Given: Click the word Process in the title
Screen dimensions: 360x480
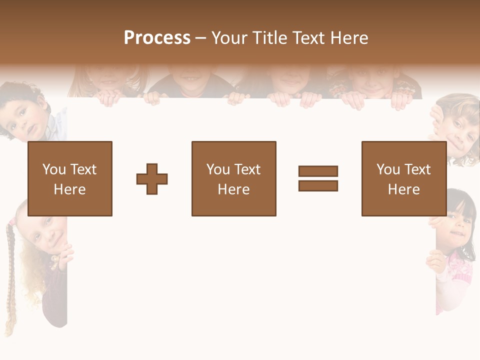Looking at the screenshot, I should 157,38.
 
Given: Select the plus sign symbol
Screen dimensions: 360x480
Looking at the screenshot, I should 152,178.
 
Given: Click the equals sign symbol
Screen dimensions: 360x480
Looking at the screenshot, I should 318,178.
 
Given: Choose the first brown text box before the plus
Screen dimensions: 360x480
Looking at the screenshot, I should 70,178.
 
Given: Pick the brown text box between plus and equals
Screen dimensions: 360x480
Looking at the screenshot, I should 233,178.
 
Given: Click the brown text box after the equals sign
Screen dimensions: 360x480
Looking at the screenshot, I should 403,178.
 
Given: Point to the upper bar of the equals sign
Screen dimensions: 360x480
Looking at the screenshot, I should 318,171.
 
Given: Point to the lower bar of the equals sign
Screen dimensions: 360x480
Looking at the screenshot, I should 318,185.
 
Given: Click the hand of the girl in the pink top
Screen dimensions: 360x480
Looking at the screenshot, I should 435,260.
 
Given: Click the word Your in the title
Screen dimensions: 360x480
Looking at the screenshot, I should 229,38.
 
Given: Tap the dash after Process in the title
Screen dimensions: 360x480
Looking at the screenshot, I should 200,38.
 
